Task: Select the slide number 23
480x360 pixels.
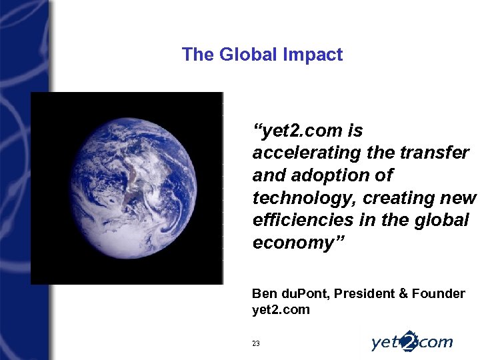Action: point(256,343)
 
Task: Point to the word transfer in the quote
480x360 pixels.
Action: point(437,153)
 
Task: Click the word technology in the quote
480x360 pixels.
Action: point(297,198)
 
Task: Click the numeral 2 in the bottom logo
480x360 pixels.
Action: point(409,340)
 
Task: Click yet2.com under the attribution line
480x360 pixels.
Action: point(281,309)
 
